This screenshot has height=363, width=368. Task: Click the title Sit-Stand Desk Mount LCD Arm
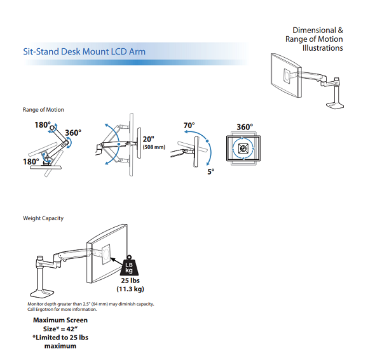(85, 51)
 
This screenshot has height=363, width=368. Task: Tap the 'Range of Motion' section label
(43, 110)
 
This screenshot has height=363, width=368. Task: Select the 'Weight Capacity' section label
(43, 218)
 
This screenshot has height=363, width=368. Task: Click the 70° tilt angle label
(189, 126)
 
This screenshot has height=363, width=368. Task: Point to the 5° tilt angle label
(211, 171)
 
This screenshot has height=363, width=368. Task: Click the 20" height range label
(148, 139)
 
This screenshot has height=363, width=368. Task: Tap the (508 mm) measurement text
(154, 147)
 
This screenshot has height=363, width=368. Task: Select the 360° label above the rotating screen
(245, 127)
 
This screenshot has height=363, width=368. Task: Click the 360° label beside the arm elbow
(73, 133)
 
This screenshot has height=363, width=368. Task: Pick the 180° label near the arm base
(31, 161)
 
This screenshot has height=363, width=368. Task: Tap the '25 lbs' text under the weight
(130, 280)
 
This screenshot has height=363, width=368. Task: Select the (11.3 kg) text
(130, 289)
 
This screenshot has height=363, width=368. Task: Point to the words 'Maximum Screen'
(60, 320)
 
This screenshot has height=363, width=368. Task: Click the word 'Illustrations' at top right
(322, 48)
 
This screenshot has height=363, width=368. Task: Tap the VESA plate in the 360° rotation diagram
(243, 148)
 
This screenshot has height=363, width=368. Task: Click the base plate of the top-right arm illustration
(335, 105)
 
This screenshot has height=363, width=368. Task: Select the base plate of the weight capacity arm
(42, 293)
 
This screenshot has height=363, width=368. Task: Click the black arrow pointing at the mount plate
(116, 261)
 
